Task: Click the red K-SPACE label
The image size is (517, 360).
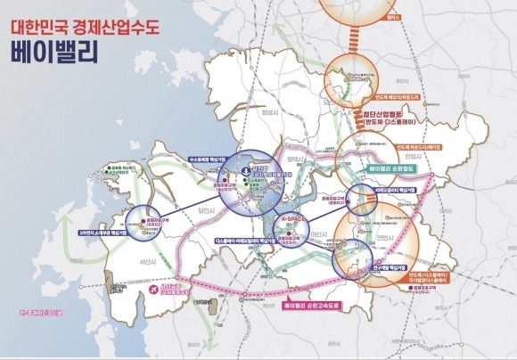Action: click(293, 217)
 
